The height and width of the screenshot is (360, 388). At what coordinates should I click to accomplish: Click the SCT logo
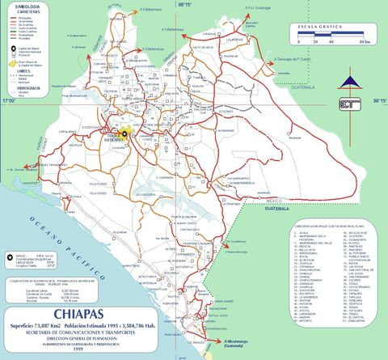350,103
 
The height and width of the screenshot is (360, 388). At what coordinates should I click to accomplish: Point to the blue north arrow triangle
349,82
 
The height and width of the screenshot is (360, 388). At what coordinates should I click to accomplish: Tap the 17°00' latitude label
9,102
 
